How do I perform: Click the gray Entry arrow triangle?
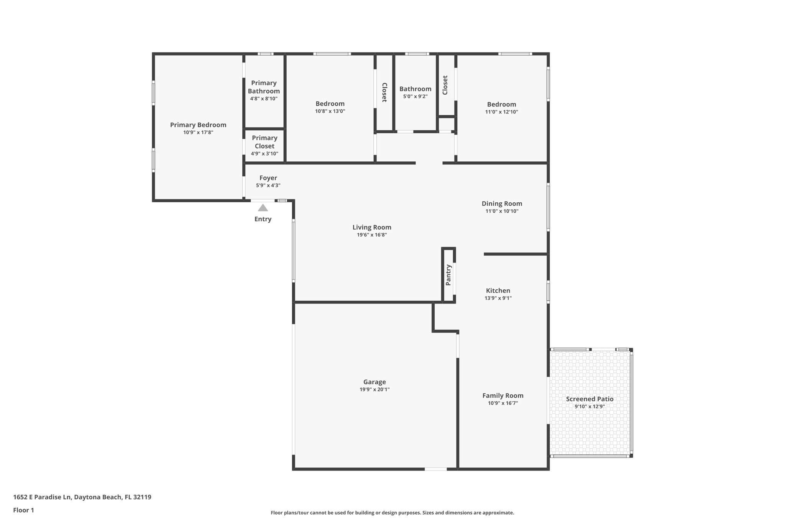[x=263, y=208]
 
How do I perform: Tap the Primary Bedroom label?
[x=198, y=125]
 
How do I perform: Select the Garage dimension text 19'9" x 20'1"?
[x=374, y=389]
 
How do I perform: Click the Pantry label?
[x=448, y=275]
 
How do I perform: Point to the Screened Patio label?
[x=590, y=399]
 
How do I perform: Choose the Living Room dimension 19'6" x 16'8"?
[x=372, y=235]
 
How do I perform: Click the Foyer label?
[x=268, y=178]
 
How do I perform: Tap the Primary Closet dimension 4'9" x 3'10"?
[x=264, y=154]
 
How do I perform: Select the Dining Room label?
[x=502, y=203]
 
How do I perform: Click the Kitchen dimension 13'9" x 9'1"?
[x=498, y=298]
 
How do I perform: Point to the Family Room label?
[x=503, y=395]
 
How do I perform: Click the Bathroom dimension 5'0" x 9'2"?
[x=415, y=97]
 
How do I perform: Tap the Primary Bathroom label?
[x=264, y=87]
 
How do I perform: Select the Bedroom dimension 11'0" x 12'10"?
[x=501, y=112]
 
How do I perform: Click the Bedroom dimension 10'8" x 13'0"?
[x=330, y=111]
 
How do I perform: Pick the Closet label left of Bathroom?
[x=384, y=92]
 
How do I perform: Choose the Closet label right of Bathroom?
[x=445, y=85]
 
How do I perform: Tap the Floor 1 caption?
[x=23, y=510]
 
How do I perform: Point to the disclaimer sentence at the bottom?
[x=392, y=513]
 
